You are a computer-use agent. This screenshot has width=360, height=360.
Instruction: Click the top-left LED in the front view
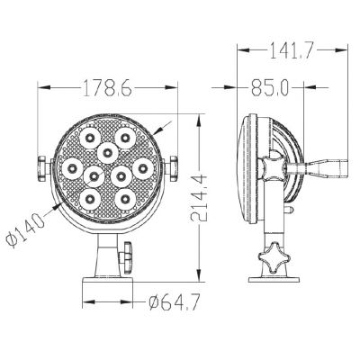tap(91, 138)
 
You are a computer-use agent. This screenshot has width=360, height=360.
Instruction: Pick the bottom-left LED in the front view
tap(91, 195)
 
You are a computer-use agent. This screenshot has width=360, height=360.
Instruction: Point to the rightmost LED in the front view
tap(142, 166)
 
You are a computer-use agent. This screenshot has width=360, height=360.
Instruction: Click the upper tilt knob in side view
tap(272, 167)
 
